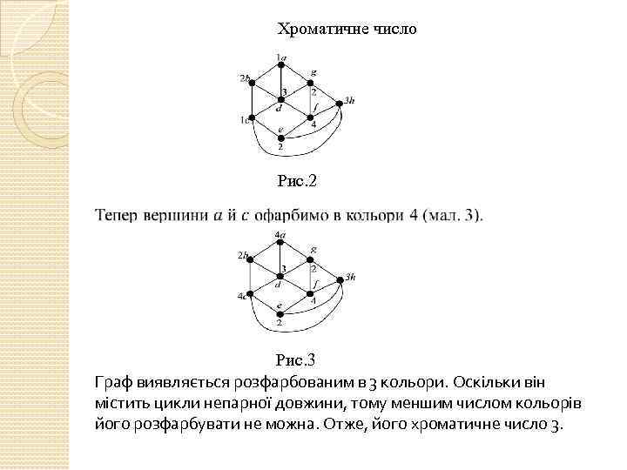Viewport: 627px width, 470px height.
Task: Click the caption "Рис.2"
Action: [297, 182]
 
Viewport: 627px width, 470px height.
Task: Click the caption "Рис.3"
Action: [296, 359]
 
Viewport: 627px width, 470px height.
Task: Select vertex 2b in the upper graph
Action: [252, 83]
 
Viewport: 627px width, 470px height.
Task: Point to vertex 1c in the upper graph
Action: [252, 117]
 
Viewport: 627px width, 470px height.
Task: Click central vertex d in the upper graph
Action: [280, 100]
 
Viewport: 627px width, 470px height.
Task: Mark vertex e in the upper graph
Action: [280, 137]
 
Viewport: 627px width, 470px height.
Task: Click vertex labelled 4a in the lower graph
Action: [280, 243]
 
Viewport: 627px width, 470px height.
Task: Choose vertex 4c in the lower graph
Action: [251, 294]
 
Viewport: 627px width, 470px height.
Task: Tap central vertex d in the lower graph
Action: [280, 276]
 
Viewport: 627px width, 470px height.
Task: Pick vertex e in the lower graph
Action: [280, 312]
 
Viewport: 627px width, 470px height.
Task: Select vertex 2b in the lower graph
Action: [252, 259]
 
